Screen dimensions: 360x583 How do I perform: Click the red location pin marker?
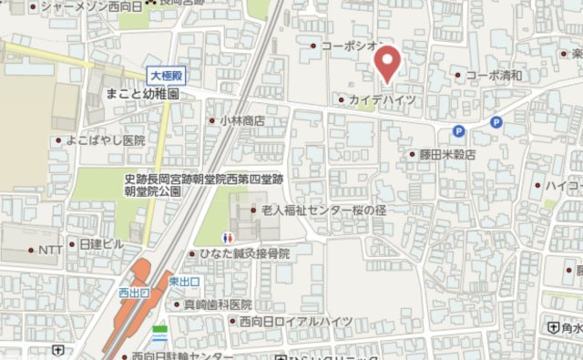(388, 64)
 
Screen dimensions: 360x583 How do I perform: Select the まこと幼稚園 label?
(141, 94)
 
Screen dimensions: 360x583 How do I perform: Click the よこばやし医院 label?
(106, 140)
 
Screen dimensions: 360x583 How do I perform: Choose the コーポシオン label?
(351, 46)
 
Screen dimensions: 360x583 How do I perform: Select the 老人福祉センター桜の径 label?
(323, 210)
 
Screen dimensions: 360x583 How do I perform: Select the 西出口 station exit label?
(132, 293)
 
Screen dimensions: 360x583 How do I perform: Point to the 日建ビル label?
(101, 244)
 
